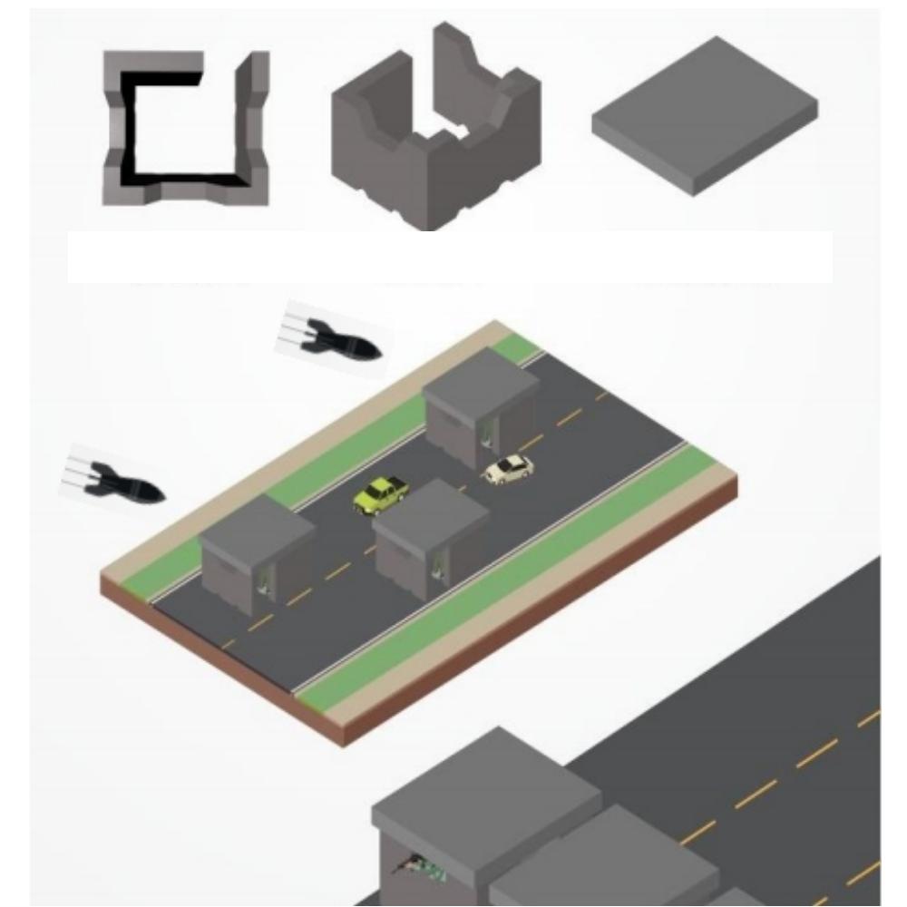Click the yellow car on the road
click(380, 494)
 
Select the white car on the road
click(507, 469)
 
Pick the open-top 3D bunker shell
click(435, 136)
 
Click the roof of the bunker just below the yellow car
click(431, 512)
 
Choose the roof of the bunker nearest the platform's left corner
click(256, 529)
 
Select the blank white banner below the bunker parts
click(449, 257)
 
